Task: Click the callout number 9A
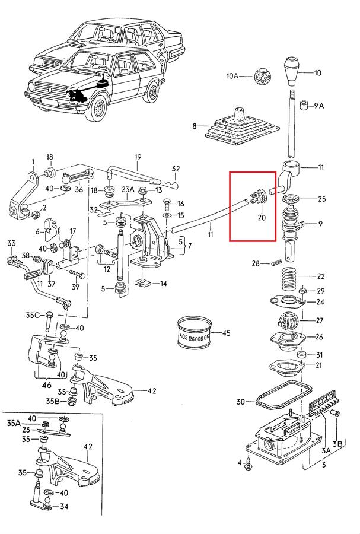pyautogui.click(x=318, y=106)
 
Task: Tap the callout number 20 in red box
pyautogui.click(x=262, y=218)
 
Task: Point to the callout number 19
pyautogui.click(x=138, y=157)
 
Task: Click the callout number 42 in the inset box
pyautogui.click(x=88, y=446)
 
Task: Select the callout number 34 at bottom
pyautogui.click(x=64, y=507)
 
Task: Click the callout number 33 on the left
pyautogui.click(x=11, y=243)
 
